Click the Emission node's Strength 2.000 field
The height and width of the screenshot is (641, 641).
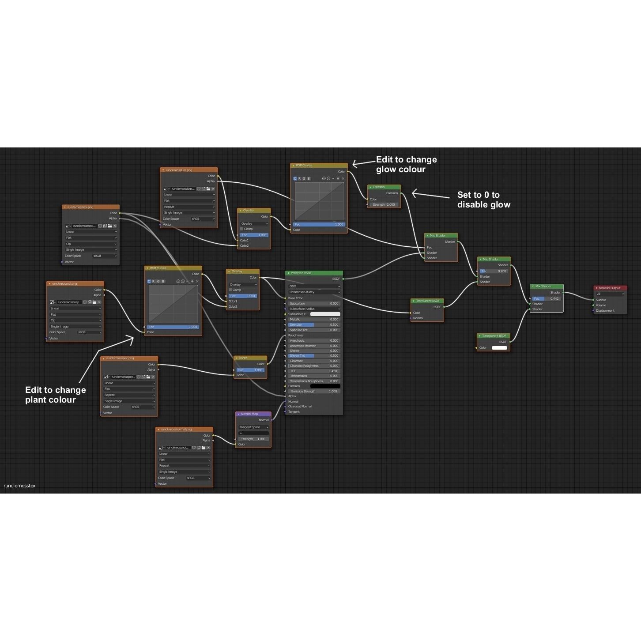pyautogui.click(x=385, y=204)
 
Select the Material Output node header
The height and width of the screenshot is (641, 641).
pyautogui.click(x=610, y=288)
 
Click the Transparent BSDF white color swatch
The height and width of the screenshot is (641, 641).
pyautogui.click(x=499, y=348)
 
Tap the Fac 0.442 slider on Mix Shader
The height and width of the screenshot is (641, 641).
pyautogui.click(x=547, y=298)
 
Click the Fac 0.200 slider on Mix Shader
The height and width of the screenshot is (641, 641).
pyautogui.click(x=494, y=271)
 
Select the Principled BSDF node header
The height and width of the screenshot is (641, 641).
pyautogui.click(x=314, y=273)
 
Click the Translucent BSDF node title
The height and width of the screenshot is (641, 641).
pyautogui.click(x=427, y=301)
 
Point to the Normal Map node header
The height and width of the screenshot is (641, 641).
pyautogui.click(x=253, y=414)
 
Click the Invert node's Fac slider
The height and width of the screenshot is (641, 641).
pyautogui.click(x=251, y=370)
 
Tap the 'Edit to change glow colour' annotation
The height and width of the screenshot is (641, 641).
pyautogui.click(x=406, y=164)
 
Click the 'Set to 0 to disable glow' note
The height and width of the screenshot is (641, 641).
pyautogui.click(x=483, y=200)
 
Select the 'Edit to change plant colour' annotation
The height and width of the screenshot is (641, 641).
pyautogui.click(x=56, y=395)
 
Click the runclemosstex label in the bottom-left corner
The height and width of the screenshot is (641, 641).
pyautogui.click(x=19, y=486)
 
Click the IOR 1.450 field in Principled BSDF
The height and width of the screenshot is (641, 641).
pyautogui.click(x=314, y=371)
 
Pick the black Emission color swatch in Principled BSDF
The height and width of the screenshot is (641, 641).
pyautogui.click(x=325, y=386)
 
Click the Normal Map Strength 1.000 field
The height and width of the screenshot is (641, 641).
pyautogui.click(x=253, y=439)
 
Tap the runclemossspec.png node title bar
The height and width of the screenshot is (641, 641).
pyautogui.click(x=129, y=358)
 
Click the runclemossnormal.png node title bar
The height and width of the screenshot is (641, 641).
pyautogui.click(x=184, y=429)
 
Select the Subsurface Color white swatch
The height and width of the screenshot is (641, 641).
pyautogui.click(x=325, y=314)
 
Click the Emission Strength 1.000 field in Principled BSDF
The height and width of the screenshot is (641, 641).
pyautogui.click(x=314, y=391)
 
